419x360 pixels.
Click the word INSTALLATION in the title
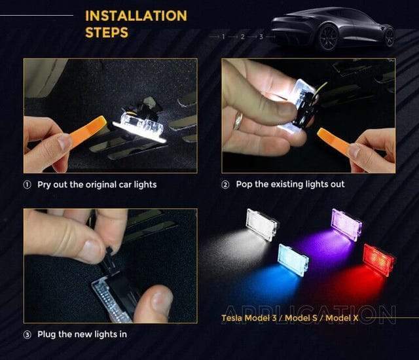[x=136, y=16]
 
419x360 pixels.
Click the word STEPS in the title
[x=107, y=33]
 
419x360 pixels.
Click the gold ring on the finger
[x=238, y=120]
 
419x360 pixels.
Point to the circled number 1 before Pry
[x=27, y=185]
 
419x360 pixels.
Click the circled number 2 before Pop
[x=225, y=185]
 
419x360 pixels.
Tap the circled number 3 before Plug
[x=27, y=334]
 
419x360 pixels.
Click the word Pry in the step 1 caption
[x=44, y=185]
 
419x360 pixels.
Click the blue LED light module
[x=293, y=260]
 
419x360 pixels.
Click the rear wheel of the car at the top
[x=329, y=38]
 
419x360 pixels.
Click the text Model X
[x=342, y=318]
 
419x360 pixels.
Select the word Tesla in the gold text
[x=232, y=318]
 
